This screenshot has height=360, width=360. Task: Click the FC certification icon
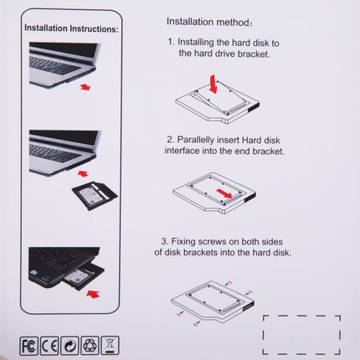[x=30, y=344]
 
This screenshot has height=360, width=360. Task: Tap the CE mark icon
[x=50, y=344]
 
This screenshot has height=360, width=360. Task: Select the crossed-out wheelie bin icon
[x=111, y=344]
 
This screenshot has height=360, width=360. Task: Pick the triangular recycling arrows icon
[x=90, y=344]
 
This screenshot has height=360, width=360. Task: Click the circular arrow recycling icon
[x=70, y=344]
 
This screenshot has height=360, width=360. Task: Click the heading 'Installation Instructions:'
[x=70, y=28]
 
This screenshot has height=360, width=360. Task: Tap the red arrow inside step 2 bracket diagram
[x=245, y=195]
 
